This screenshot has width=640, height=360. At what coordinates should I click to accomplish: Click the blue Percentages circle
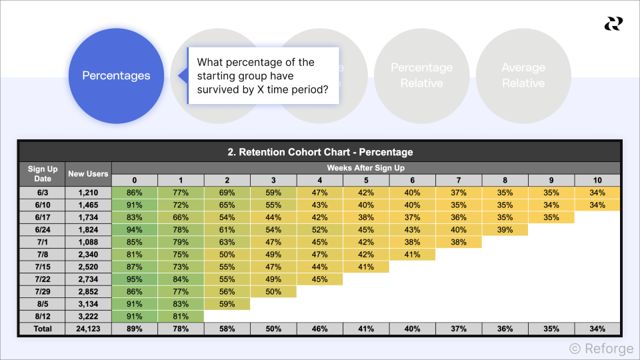pyautogui.click(x=116, y=76)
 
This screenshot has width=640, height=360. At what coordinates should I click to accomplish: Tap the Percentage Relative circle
pyautogui.click(x=421, y=75)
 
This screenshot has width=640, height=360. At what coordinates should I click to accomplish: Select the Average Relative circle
pyautogui.click(x=523, y=75)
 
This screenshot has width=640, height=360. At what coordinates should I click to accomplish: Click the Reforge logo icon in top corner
pyautogui.click(x=613, y=24)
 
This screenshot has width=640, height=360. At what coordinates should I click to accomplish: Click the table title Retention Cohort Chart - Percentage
pyautogui.click(x=320, y=152)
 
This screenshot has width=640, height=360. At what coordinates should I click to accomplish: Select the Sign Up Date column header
pyautogui.click(x=43, y=174)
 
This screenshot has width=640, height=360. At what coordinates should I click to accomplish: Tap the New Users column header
pyautogui.click(x=88, y=174)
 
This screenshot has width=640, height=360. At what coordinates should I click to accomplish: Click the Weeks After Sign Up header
pyautogui.click(x=365, y=168)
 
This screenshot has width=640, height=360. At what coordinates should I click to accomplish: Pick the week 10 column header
pyautogui.click(x=597, y=180)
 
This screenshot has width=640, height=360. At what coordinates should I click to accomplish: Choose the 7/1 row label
pyautogui.click(x=43, y=242)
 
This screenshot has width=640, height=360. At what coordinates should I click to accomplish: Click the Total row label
pyautogui.click(x=43, y=329)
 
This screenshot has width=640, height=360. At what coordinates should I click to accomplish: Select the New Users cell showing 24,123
pyautogui.click(x=88, y=329)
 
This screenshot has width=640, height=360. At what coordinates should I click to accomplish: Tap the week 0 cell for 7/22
pyautogui.click(x=135, y=279)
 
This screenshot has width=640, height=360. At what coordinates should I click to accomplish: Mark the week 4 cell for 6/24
pyautogui.click(x=319, y=229)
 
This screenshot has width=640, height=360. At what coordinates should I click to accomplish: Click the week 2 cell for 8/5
pyautogui.click(x=227, y=304)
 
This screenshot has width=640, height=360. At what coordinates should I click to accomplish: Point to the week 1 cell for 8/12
pyautogui.click(x=181, y=317)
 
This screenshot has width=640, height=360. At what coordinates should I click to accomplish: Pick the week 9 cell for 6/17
pyautogui.click(x=551, y=217)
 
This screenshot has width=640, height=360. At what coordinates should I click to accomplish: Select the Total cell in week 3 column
pyautogui.click(x=273, y=329)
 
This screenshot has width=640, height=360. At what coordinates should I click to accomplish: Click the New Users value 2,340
pyautogui.click(x=88, y=255)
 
